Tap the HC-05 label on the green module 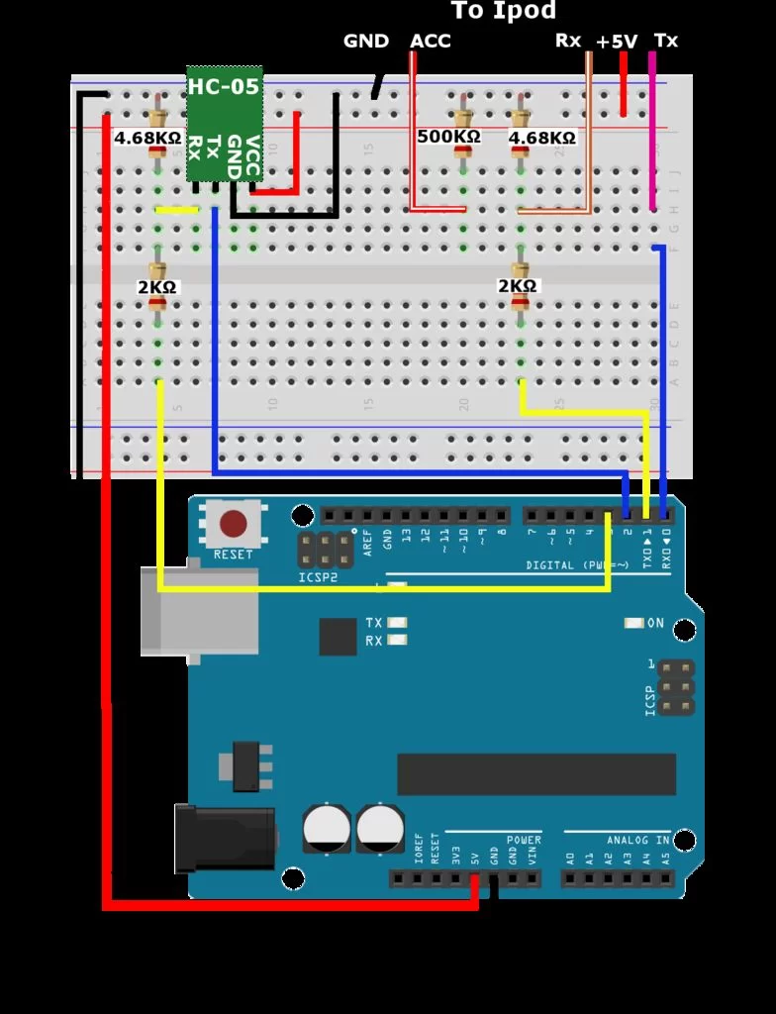(224, 87)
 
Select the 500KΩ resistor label (448, 137)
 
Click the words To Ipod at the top (504, 12)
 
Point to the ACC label (431, 42)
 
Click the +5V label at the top (617, 42)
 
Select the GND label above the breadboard (366, 42)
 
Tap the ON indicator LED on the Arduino (634, 623)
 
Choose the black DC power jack (224, 838)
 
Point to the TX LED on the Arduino (398, 623)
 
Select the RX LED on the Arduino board (398, 641)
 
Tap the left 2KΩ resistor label (156, 287)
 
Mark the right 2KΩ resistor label (517, 286)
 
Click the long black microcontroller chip (535, 773)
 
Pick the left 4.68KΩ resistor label (147, 138)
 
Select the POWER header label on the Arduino (524, 840)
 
